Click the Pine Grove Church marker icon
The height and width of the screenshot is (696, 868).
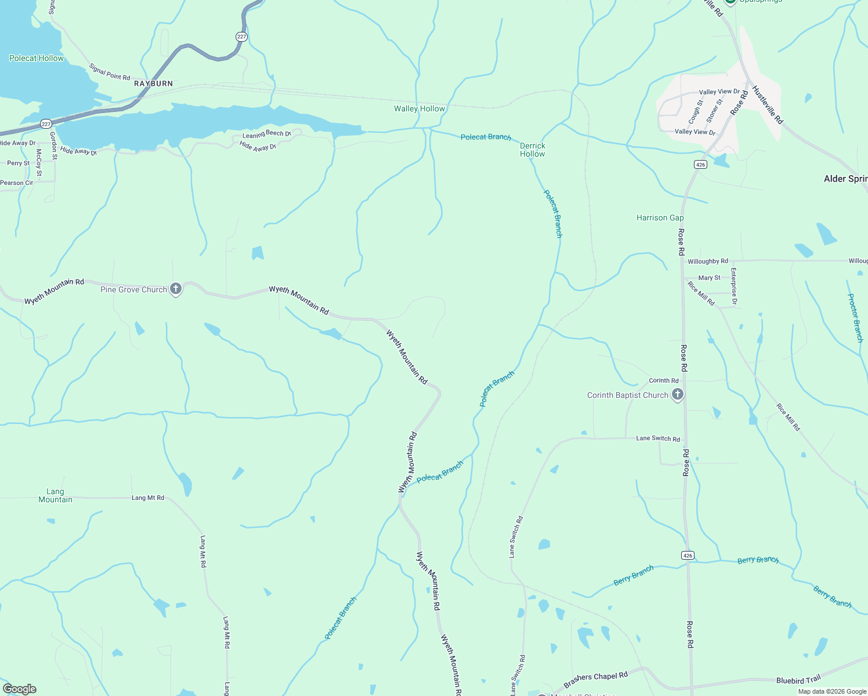[x=176, y=289]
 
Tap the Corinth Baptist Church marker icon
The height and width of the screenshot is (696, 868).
[x=677, y=395]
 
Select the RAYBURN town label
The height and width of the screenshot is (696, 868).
[x=153, y=84]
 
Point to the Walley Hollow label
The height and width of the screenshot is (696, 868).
[x=419, y=108]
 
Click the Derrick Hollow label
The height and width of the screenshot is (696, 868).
[x=532, y=150]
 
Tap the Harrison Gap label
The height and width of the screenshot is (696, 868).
[x=660, y=217]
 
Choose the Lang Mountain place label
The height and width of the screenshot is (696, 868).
[x=55, y=495]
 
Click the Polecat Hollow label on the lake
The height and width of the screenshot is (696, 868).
[x=36, y=58]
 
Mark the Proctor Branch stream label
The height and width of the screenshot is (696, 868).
[x=855, y=317]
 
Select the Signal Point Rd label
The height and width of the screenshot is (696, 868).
[x=110, y=72]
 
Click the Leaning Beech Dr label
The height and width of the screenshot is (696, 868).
[x=266, y=134]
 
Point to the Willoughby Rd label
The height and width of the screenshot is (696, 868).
[x=707, y=262]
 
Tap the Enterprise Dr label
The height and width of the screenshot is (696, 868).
[x=734, y=286]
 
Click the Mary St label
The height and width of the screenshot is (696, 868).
[x=709, y=278]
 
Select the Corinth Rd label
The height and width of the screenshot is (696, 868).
[x=663, y=380]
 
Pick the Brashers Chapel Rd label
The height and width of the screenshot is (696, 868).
[x=595, y=680]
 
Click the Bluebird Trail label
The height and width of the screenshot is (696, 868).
[x=798, y=680]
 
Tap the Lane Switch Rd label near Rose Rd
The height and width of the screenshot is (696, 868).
[x=657, y=438]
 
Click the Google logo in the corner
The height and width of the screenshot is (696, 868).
[x=20, y=689]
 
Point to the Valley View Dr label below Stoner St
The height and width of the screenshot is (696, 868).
[x=695, y=132]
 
